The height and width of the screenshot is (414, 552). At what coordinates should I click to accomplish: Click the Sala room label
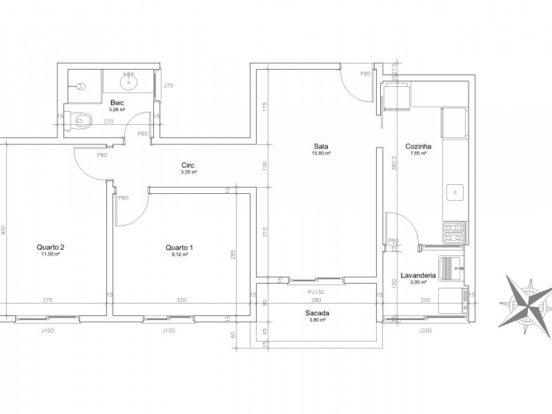(321, 146)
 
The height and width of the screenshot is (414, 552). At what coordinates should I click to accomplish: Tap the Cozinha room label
(419, 146)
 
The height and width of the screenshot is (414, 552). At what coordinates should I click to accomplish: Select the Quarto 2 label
(51, 247)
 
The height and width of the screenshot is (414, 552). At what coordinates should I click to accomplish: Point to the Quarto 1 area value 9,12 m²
(179, 255)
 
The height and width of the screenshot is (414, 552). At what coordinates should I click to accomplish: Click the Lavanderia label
(418, 275)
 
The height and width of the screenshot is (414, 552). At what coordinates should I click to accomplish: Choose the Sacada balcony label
(317, 313)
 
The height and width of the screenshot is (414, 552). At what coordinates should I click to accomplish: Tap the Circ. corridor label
(188, 166)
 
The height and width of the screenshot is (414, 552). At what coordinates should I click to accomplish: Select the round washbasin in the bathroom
(128, 82)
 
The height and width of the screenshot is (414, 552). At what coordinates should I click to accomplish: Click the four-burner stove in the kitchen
(455, 233)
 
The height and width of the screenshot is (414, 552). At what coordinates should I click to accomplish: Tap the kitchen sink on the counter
(455, 193)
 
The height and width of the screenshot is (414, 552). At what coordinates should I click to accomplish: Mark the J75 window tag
(168, 86)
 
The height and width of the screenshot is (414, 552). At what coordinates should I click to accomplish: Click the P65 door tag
(143, 133)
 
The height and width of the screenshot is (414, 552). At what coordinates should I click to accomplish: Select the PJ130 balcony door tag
(317, 291)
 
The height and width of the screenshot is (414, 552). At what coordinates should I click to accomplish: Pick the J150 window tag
(47, 331)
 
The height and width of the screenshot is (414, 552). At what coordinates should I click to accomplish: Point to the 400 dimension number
(3, 228)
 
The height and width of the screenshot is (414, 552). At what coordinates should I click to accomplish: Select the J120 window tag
(168, 331)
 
